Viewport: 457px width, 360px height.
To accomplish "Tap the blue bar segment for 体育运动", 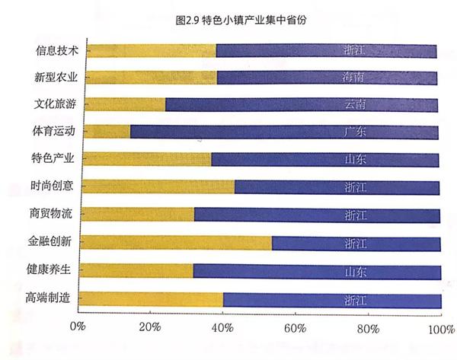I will click(283, 132).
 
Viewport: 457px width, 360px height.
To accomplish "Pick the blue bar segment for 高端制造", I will click(331, 299).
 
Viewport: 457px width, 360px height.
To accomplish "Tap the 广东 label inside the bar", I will click(355, 132).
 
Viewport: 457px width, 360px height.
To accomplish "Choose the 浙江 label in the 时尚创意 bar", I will click(355, 187).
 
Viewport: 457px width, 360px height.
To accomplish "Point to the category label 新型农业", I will click(55, 78).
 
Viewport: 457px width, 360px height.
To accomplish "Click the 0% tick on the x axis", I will click(78, 327).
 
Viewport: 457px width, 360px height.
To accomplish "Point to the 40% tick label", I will click(222, 328).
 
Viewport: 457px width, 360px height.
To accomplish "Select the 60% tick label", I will click(295, 328).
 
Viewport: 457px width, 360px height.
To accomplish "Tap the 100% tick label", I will click(440, 328).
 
